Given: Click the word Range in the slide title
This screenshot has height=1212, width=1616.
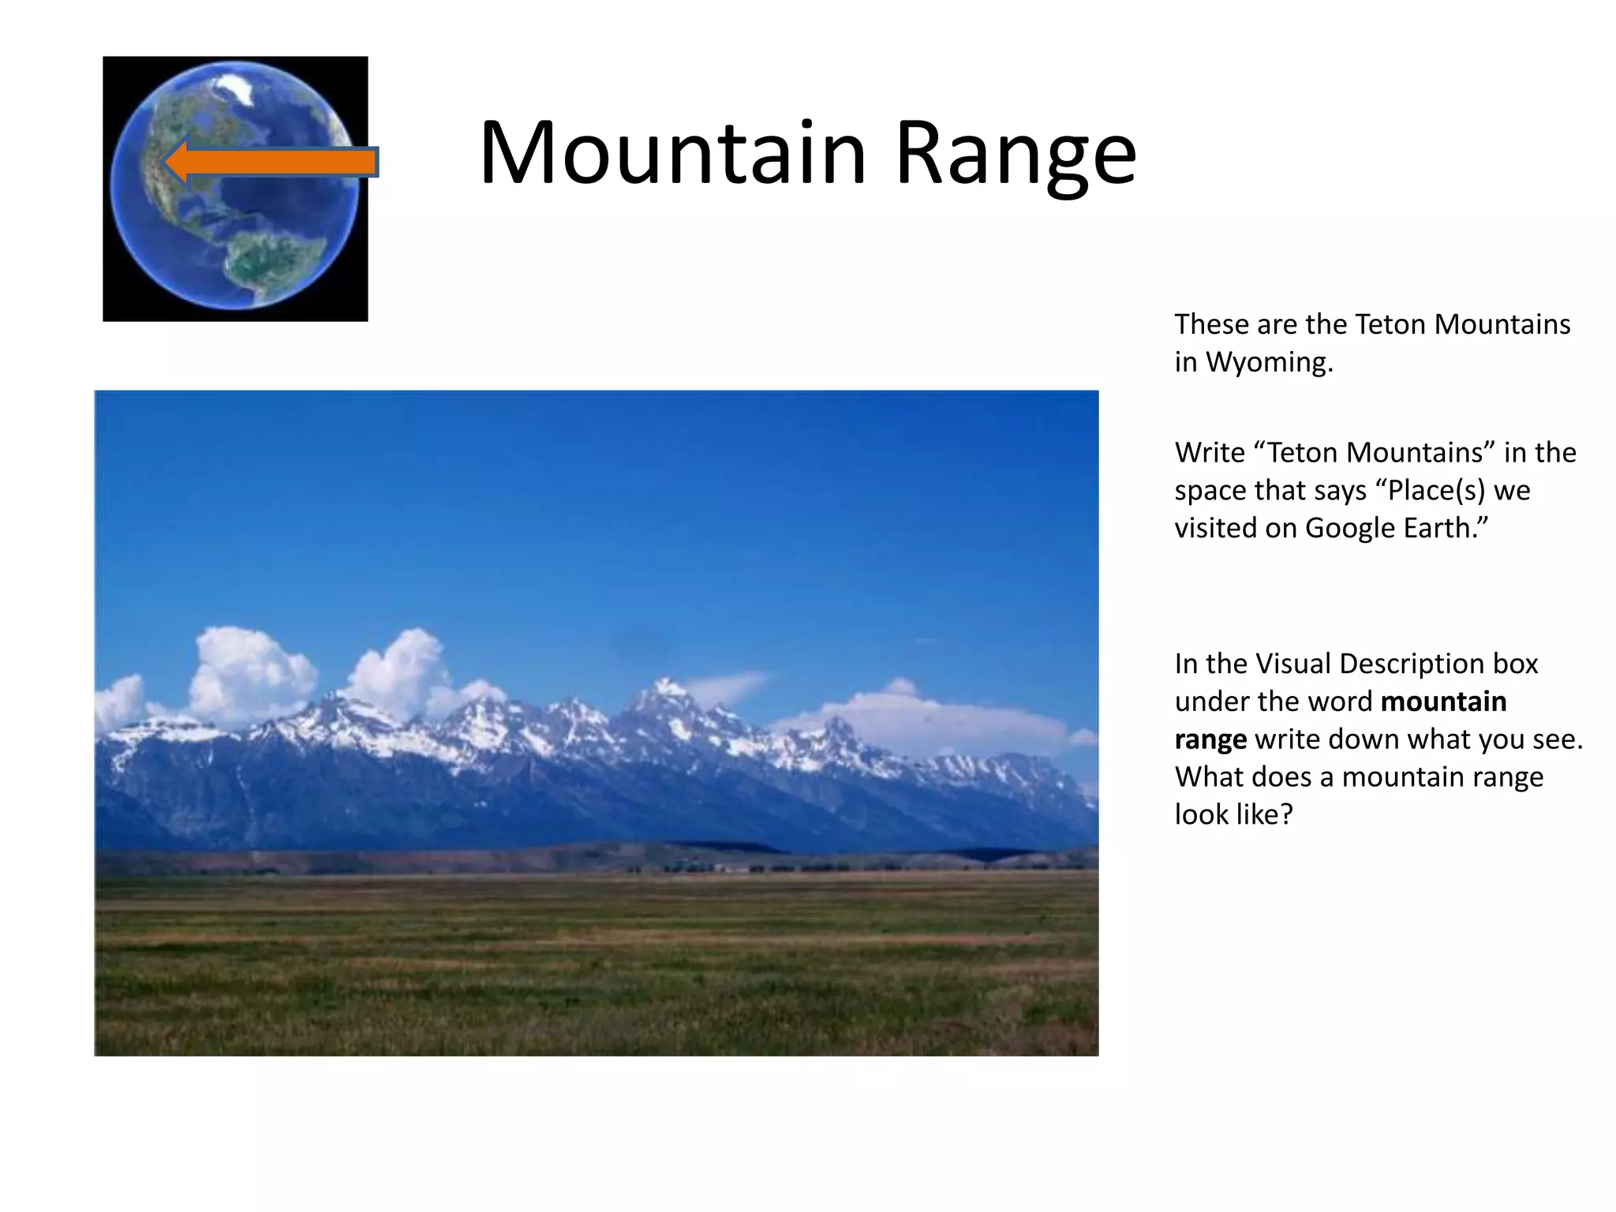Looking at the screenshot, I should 1015,154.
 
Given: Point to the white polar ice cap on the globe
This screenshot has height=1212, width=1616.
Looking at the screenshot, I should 234,87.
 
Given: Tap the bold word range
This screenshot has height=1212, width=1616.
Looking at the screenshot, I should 1210,740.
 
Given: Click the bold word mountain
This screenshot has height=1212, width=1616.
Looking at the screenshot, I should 1443,701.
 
